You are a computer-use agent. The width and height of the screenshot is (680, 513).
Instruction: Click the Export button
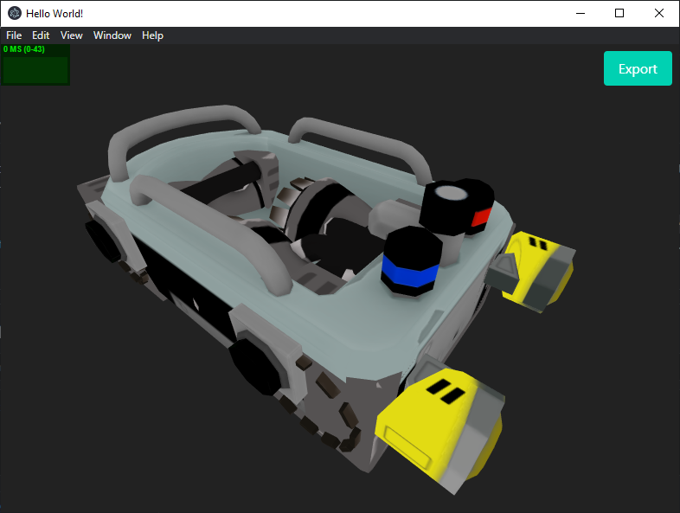[638, 69]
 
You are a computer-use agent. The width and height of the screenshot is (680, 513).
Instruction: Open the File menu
[14, 35]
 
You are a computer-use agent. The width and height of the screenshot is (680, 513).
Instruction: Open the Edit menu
[41, 35]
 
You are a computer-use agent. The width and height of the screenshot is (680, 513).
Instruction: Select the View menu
[72, 35]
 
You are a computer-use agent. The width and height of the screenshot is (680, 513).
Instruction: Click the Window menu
[112, 35]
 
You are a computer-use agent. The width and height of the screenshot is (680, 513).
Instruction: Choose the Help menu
[153, 35]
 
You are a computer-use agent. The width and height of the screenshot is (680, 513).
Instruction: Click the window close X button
[659, 13]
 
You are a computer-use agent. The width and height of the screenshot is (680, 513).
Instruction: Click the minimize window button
[580, 13]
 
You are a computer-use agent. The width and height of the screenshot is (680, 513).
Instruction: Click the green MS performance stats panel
[35, 65]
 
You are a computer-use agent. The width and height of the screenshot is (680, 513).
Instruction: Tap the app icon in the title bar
[15, 13]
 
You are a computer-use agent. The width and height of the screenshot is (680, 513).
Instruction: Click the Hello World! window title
[55, 14]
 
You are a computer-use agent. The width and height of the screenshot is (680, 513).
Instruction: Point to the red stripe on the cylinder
[482, 216]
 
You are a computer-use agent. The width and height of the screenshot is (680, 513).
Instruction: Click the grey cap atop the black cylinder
[450, 194]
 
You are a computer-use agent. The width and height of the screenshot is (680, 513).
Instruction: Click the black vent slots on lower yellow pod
[444, 391]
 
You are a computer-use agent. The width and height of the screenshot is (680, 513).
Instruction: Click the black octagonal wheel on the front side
[258, 366]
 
